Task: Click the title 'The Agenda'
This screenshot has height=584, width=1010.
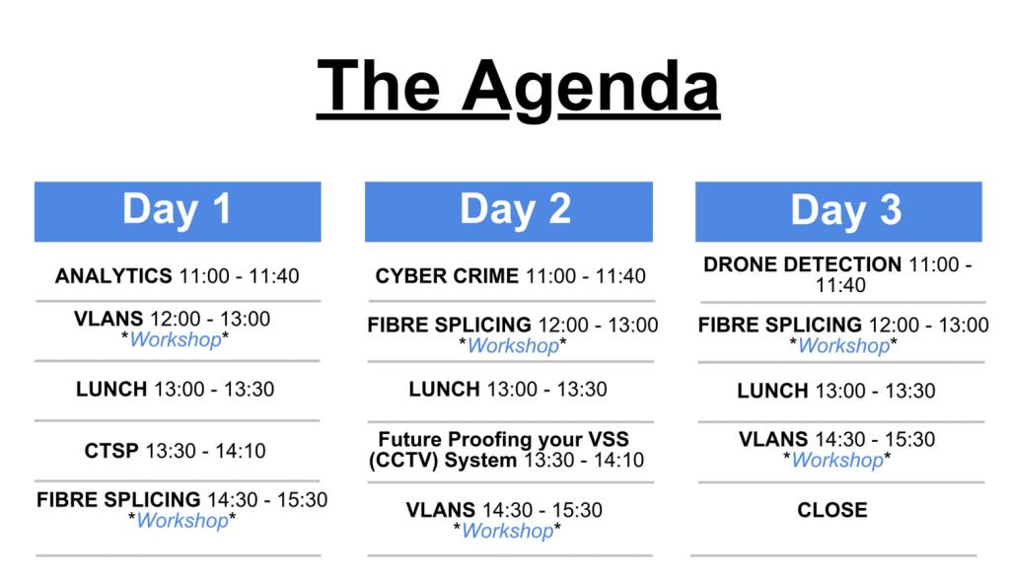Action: (518, 87)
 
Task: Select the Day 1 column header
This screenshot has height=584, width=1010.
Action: (178, 211)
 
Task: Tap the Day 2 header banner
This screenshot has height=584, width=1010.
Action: (509, 211)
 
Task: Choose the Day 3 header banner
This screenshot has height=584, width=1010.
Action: (838, 211)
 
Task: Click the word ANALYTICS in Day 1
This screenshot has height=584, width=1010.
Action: (113, 276)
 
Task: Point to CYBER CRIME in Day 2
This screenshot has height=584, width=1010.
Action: (447, 276)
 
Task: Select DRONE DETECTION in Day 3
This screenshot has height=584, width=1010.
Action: (803, 264)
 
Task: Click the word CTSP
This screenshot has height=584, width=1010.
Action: (111, 451)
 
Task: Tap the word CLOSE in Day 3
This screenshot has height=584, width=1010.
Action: (832, 510)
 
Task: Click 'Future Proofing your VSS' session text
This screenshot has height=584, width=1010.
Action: (504, 440)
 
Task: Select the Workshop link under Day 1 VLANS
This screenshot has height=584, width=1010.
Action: (176, 339)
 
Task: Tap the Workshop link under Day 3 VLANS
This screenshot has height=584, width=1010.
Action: (837, 461)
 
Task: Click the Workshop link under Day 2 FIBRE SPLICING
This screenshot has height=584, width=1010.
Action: (513, 346)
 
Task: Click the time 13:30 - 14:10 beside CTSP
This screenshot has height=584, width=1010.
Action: (205, 451)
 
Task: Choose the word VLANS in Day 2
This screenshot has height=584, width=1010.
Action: (441, 510)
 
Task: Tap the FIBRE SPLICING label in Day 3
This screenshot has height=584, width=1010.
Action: (780, 325)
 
